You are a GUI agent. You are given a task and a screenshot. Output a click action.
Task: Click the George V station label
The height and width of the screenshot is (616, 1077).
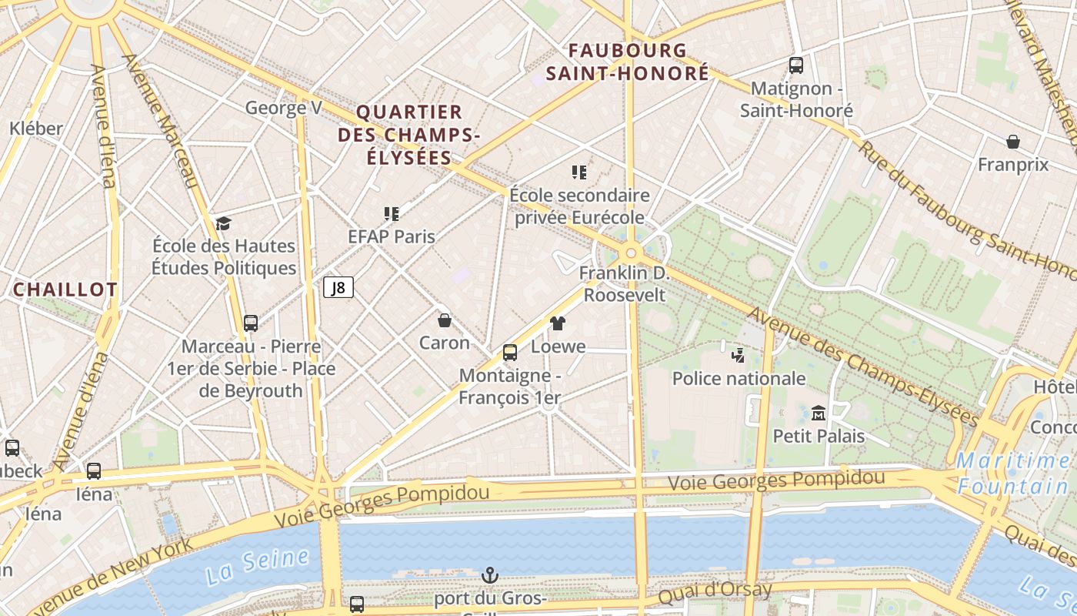(283, 108)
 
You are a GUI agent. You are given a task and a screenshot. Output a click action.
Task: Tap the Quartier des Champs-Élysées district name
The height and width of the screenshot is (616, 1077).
(408, 135)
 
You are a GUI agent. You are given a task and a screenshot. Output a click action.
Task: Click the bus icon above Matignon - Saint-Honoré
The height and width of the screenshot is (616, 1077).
(796, 65)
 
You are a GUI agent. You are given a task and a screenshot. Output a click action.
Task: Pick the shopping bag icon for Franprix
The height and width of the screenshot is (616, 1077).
(1013, 142)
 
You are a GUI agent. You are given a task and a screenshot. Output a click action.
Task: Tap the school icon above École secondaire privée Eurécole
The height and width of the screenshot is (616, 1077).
(579, 172)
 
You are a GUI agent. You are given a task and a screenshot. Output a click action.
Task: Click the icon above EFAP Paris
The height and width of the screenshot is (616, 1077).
(392, 213)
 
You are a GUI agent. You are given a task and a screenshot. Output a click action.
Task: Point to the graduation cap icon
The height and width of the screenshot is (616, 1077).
(223, 223)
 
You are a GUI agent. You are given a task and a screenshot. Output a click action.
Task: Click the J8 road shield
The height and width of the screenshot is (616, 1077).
(338, 288)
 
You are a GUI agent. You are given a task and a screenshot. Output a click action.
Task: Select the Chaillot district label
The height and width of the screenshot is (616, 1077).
(65, 290)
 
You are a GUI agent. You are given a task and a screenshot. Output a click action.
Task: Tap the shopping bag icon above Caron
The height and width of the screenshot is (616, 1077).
(444, 320)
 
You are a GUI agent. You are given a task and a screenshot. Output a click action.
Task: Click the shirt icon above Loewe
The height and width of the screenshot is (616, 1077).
(558, 323)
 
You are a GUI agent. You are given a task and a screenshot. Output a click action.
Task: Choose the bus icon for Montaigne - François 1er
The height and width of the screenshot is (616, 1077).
(509, 353)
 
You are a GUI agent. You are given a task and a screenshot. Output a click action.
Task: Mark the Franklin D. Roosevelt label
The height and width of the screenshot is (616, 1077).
(625, 284)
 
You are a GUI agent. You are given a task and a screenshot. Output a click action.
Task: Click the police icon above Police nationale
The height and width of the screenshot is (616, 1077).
(739, 355)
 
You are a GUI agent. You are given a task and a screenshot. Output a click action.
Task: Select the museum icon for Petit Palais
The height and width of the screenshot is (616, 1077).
(819, 413)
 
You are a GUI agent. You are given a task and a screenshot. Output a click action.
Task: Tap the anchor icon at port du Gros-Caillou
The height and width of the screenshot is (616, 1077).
(489, 575)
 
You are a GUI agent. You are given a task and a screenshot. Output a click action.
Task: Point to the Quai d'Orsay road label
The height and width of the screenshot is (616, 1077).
(715, 594)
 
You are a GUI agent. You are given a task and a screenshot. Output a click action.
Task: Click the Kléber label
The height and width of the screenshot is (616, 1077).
(36, 129)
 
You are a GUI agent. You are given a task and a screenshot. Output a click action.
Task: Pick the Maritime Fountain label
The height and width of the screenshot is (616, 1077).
(1014, 474)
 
